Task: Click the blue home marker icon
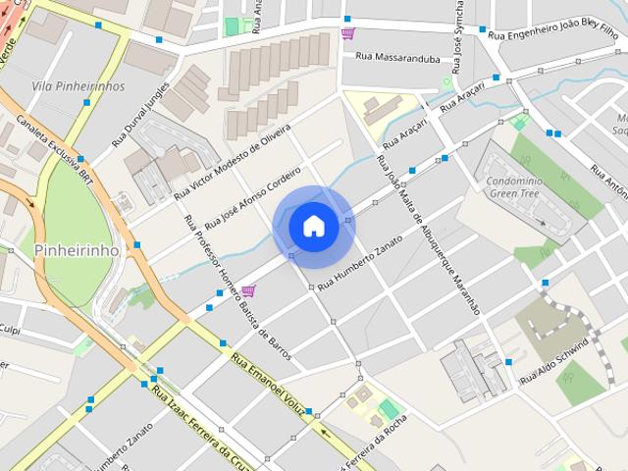[x=313, y=226]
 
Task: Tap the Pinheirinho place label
[x=77, y=250]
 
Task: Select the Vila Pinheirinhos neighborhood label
[x=78, y=86]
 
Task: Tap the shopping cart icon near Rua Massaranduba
[x=347, y=34]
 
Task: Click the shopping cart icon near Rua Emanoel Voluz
[x=248, y=290]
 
